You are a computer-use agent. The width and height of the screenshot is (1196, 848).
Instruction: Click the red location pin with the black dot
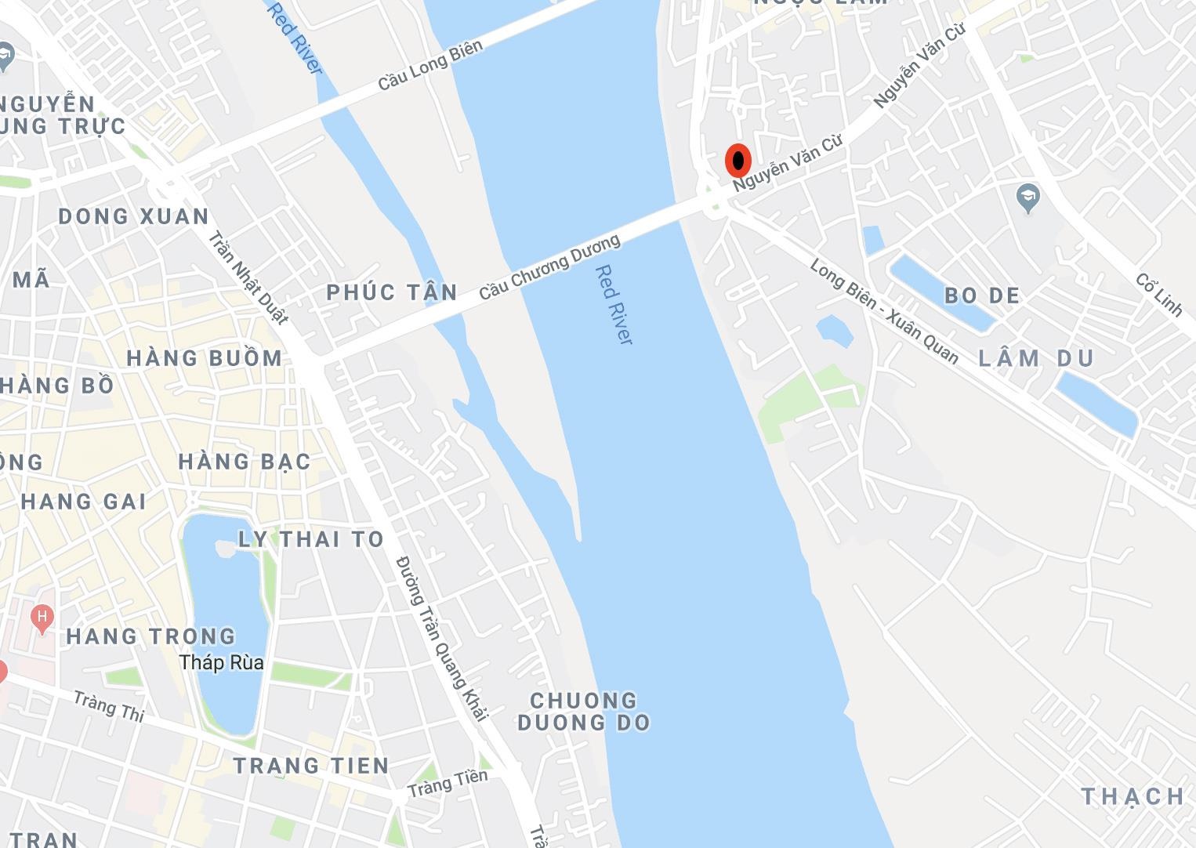click(x=738, y=161)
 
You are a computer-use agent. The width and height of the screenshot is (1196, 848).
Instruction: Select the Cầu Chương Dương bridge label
click(x=549, y=267)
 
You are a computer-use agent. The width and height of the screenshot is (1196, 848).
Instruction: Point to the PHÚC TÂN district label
click(x=392, y=293)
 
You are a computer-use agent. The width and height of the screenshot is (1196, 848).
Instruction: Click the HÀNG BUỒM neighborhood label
click(x=205, y=359)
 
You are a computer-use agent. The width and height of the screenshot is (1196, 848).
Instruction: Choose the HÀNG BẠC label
click(x=245, y=462)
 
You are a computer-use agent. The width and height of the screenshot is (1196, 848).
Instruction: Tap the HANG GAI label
click(x=84, y=502)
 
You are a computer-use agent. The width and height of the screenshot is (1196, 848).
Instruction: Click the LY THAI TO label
click(x=311, y=539)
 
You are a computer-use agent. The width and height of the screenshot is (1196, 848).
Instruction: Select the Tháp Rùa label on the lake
click(x=222, y=663)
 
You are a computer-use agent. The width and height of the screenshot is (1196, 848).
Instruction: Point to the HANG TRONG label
click(x=150, y=636)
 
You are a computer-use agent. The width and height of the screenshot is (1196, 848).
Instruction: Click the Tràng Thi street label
click(x=109, y=705)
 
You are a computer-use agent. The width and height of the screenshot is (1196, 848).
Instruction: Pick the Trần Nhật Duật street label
click(x=248, y=276)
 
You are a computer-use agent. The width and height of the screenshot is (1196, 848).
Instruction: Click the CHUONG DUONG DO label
click(x=584, y=712)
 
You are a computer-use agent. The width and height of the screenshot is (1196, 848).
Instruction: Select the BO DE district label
click(x=982, y=295)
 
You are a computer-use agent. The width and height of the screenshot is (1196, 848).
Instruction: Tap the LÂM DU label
click(x=1036, y=359)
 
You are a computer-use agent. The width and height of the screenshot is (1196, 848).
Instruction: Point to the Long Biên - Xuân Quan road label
click(x=884, y=312)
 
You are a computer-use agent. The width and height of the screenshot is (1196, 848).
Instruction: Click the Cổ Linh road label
click(x=1158, y=295)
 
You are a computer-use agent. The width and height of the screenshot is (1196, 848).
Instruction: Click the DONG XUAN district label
click(x=134, y=216)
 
